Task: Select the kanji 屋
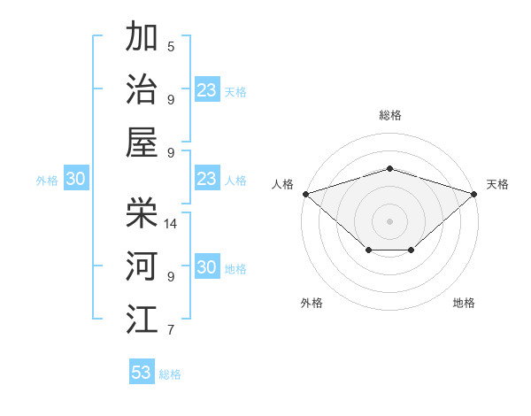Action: click(142, 143)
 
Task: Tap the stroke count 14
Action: click(172, 223)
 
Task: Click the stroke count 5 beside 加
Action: click(171, 46)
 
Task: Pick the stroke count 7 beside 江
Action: click(171, 330)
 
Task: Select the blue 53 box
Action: click(142, 373)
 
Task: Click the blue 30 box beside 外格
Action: click(76, 180)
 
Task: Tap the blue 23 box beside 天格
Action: click(207, 90)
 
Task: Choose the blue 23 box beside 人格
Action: click(207, 180)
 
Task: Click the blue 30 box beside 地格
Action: click(207, 268)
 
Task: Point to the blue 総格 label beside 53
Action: click(170, 374)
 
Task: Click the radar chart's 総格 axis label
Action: click(389, 115)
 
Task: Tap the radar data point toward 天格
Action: click(474, 194)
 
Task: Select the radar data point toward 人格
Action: click(305, 194)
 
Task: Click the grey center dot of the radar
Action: click(389, 220)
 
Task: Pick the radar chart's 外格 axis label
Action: click(312, 303)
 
